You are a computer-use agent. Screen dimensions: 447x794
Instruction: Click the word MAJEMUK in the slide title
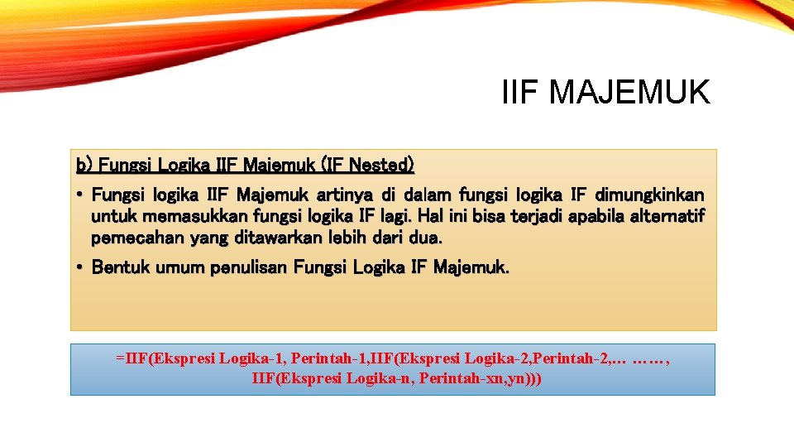point(629,92)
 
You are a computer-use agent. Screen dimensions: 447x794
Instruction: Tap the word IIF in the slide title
point(520,92)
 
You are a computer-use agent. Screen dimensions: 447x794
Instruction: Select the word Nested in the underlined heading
point(378,165)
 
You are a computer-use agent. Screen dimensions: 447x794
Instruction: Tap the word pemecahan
point(130,238)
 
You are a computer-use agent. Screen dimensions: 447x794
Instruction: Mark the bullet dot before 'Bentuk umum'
point(80,267)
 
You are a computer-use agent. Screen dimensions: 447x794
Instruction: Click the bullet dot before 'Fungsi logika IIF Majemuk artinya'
point(80,195)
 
